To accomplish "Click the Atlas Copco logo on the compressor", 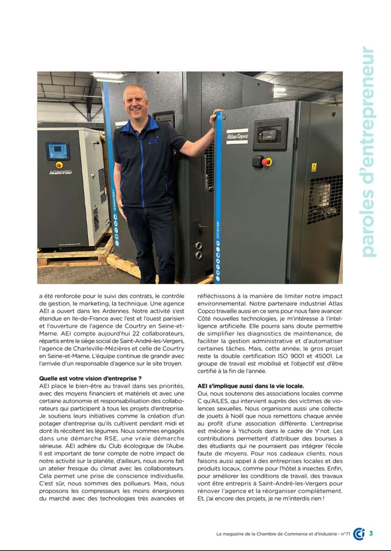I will [x=237, y=136].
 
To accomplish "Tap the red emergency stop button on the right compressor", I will [x=265, y=161].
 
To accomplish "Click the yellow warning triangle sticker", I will [x=313, y=167].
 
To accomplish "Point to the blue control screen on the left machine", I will [x=57, y=151].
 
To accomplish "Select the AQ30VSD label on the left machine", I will [x=60, y=172].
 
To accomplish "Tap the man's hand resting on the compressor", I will [x=218, y=113].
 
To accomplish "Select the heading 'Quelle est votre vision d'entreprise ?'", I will [x=91, y=378].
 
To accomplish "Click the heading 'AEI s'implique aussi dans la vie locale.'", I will [x=251, y=386].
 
